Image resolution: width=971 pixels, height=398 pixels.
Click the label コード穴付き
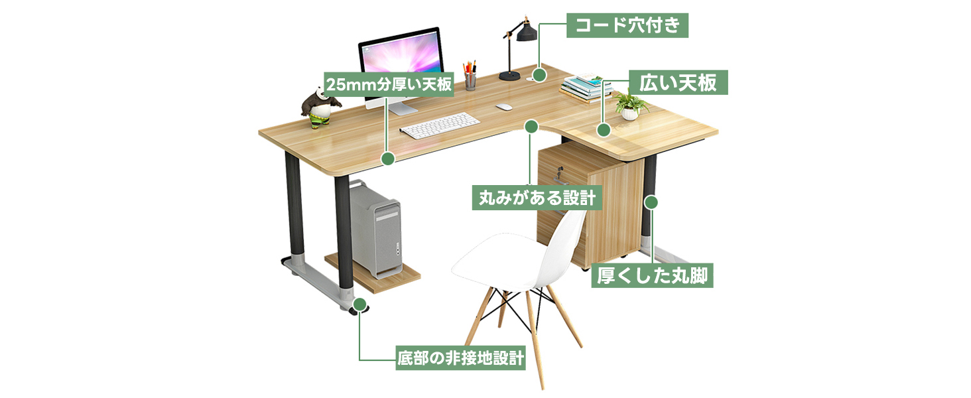[627, 26]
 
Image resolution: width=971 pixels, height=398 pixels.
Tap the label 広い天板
[677, 83]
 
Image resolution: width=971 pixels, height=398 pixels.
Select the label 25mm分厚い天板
[389, 85]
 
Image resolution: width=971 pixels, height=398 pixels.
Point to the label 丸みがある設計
[537, 198]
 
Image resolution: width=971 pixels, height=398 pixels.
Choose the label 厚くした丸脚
[652, 275]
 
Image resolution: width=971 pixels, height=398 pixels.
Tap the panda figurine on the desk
[320, 106]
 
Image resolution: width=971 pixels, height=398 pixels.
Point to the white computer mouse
[504, 107]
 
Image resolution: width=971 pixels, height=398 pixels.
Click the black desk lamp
[517, 46]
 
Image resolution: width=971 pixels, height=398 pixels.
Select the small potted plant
[629, 106]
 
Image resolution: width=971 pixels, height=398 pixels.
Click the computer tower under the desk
[375, 228]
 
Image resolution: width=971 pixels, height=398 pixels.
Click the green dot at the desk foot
[359, 304]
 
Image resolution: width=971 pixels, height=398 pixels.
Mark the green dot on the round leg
[651, 201]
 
